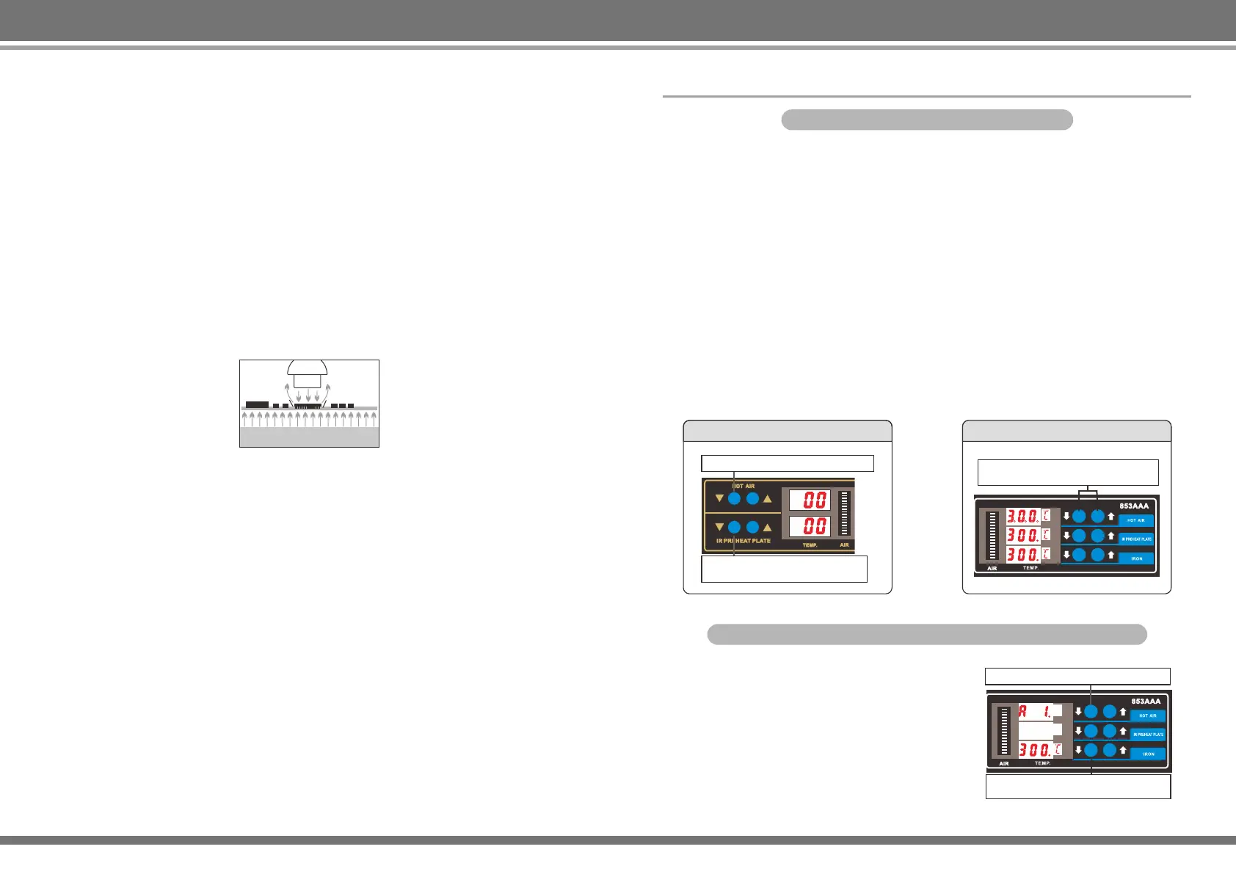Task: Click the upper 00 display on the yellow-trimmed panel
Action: (810, 500)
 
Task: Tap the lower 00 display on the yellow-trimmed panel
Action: (810, 526)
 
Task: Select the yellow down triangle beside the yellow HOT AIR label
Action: (719, 499)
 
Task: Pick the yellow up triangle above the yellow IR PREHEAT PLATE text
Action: (768, 527)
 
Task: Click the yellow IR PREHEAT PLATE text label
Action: (744, 541)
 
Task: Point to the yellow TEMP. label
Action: (810, 545)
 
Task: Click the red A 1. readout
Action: (1035, 711)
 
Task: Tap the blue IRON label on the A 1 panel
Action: (1149, 754)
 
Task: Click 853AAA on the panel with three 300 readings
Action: (1134, 506)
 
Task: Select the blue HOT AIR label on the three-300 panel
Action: (1136, 520)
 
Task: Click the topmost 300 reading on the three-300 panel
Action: (1022, 516)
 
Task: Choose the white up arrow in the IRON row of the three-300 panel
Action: (1111, 555)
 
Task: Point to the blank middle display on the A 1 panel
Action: (1035, 730)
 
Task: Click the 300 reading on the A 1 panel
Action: (1035, 750)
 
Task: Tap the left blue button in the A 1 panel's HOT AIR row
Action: (1091, 711)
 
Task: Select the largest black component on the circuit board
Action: (257, 404)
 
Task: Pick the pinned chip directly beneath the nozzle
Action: (308, 406)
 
